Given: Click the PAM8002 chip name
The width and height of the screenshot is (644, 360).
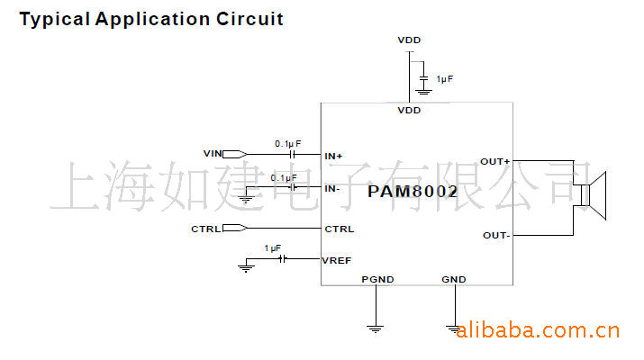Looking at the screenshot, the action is (413, 192).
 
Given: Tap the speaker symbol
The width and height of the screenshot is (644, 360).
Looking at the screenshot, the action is (593, 196).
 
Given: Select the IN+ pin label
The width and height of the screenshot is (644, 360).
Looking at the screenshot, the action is (333, 156).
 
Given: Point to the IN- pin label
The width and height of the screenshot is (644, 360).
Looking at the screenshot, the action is (331, 188).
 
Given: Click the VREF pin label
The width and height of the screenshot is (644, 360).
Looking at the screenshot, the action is (336, 260).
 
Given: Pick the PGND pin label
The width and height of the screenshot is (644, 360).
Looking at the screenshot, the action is (377, 279).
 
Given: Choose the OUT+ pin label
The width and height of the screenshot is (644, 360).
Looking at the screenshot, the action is (494, 162).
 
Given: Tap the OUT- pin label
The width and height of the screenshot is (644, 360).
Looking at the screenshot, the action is (496, 235).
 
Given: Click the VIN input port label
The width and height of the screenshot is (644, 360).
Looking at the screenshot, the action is (213, 154).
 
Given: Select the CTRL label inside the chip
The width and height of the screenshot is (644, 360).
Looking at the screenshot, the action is (340, 229).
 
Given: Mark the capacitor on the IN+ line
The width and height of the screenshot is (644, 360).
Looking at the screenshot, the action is (293, 154).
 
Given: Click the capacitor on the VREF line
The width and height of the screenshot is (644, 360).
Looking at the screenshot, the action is (282, 258).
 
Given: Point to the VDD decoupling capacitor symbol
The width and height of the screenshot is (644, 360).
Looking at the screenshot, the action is (423, 78).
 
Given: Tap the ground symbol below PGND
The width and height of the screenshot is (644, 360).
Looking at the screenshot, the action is (375, 328).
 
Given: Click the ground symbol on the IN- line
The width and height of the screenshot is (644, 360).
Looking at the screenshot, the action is (246, 200).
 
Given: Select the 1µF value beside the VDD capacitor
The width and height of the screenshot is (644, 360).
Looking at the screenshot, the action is (445, 79).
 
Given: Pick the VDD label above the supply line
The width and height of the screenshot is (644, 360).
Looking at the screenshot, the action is (409, 40).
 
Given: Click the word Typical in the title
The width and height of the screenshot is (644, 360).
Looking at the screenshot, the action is (55, 20).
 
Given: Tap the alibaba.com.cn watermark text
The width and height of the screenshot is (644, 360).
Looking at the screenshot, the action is (537, 330).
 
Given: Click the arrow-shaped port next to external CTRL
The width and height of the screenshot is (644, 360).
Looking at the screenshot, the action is (235, 228).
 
